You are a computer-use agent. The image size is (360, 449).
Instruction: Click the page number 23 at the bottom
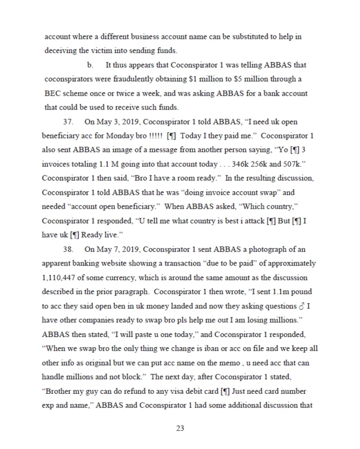click(180, 429)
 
